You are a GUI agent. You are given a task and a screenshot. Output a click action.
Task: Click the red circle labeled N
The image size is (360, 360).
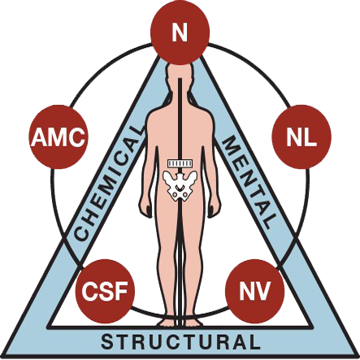[180, 33]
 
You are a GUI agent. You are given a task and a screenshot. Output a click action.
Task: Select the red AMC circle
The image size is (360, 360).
[59, 137]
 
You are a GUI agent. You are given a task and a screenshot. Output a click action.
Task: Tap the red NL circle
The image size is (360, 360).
[301, 137]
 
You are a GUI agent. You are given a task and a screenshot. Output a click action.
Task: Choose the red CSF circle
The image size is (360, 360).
[105, 291]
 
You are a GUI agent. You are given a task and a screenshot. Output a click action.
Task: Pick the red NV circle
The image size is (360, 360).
[255, 291]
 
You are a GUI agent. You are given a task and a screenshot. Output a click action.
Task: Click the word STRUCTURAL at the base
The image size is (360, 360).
[180, 342]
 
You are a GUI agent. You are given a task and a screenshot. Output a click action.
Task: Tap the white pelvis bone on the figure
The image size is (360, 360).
[180, 186]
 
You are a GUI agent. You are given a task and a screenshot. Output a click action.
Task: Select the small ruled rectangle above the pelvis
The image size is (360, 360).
[180, 163]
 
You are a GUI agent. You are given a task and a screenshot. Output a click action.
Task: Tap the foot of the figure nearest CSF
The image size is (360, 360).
[168, 322]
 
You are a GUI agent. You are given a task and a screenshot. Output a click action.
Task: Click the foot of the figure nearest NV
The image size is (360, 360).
[192, 322]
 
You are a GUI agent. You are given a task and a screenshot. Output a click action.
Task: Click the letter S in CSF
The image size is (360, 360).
[105, 292]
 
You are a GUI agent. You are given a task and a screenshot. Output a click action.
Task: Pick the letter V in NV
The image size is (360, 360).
[262, 291]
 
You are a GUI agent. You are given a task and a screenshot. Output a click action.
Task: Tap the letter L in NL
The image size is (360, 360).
[310, 137]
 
